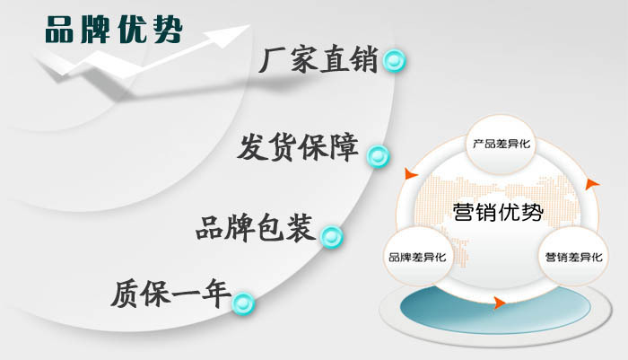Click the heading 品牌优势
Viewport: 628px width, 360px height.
(x=114, y=30)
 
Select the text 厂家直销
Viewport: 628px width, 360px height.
(x=318, y=59)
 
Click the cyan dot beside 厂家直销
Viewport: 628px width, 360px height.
(x=394, y=60)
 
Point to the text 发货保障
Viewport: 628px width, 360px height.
(x=298, y=147)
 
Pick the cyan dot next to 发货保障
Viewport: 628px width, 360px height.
(x=378, y=156)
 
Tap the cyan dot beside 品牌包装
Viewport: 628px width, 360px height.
(x=331, y=236)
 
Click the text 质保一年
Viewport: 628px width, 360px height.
(x=171, y=294)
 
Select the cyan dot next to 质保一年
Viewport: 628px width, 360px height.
(x=243, y=303)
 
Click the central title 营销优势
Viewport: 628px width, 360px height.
(x=498, y=212)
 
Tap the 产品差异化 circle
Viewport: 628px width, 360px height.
(x=501, y=144)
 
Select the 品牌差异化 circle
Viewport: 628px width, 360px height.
(x=418, y=257)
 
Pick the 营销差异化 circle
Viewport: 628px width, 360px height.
(x=573, y=257)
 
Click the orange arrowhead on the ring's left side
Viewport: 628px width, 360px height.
(x=411, y=173)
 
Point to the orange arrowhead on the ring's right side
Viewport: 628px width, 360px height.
(x=591, y=184)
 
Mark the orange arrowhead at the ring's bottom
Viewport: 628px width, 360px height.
(x=499, y=303)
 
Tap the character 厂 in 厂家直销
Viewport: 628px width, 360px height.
(x=273, y=60)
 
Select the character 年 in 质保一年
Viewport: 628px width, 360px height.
(x=217, y=294)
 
